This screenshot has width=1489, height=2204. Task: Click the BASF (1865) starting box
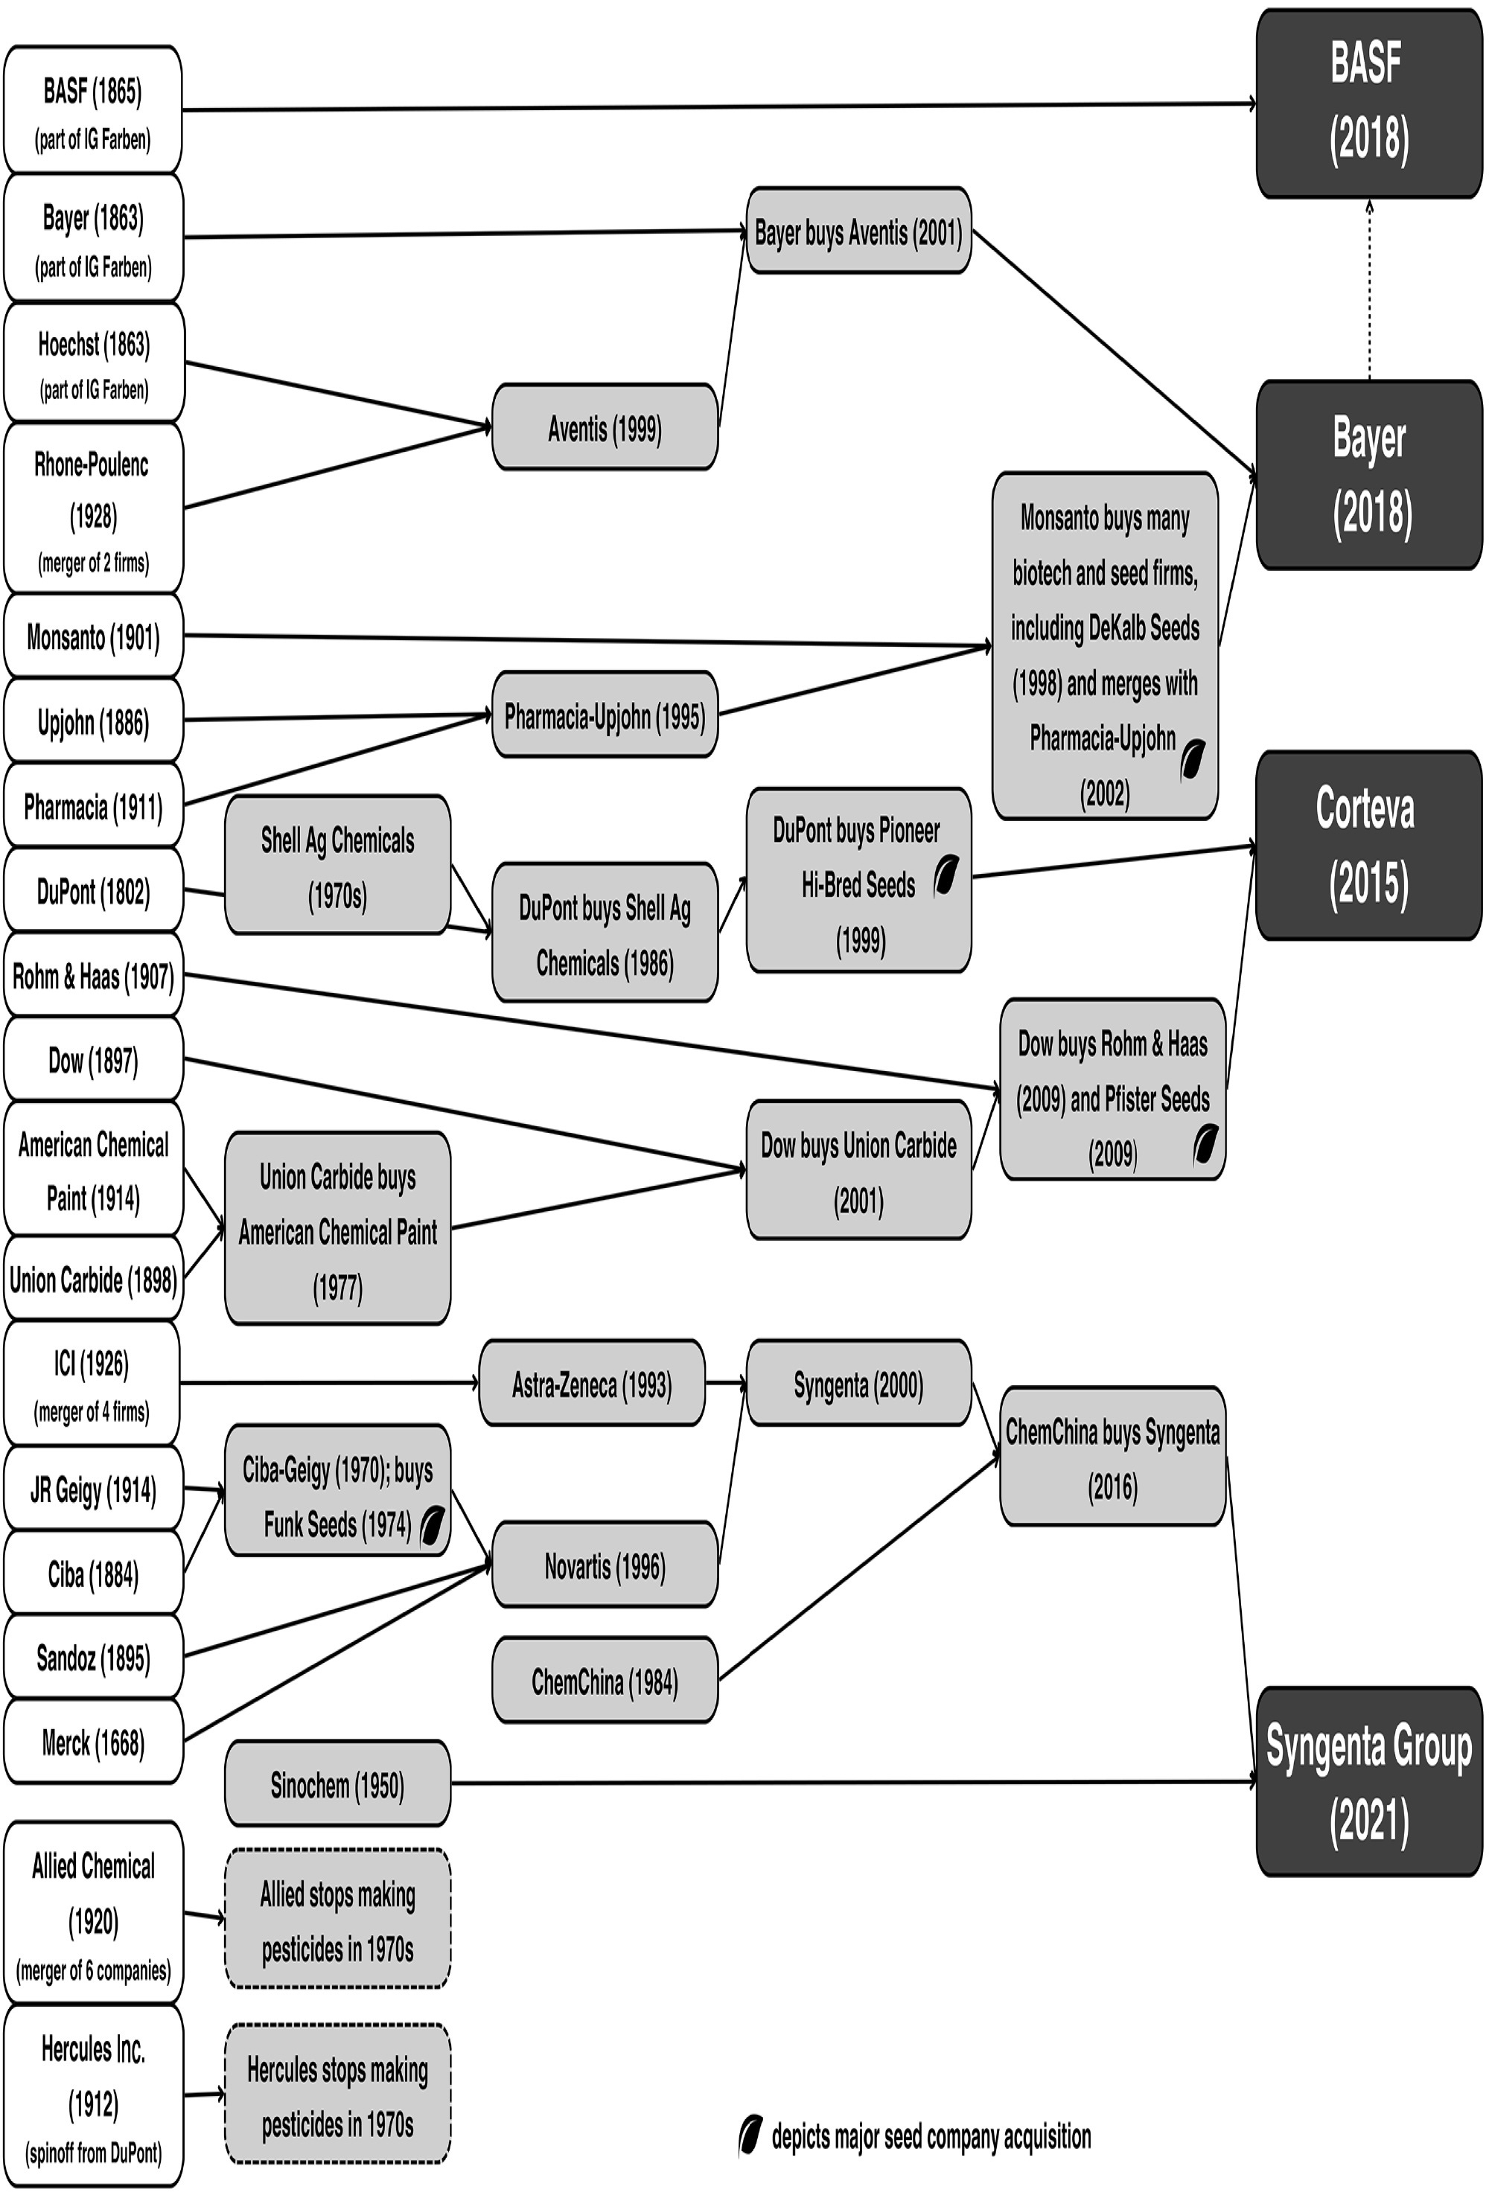[x=93, y=110]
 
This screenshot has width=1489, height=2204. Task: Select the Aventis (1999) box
[x=604, y=428]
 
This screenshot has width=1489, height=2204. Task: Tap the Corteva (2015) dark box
[x=1368, y=845]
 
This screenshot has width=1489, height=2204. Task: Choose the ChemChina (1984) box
[x=604, y=1681]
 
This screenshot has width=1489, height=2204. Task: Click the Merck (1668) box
[x=93, y=1743]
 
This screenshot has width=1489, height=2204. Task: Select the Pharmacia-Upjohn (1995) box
[x=604, y=716]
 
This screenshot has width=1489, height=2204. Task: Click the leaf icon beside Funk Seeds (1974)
[x=432, y=1526]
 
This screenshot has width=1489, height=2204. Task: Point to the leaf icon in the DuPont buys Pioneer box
[x=946, y=875]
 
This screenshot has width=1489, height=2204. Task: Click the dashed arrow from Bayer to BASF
[x=1368, y=290]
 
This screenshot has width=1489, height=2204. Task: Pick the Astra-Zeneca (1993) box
[x=592, y=1384]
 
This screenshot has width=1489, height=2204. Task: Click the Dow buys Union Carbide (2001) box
[x=858, y=1172]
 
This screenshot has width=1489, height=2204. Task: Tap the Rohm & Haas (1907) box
[x=93, y=975]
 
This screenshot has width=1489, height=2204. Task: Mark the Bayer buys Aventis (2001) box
[x=858, y=231]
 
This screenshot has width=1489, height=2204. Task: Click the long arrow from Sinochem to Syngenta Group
[x=853, y=1783]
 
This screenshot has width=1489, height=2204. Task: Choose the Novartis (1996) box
[x=604, y=1566]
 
